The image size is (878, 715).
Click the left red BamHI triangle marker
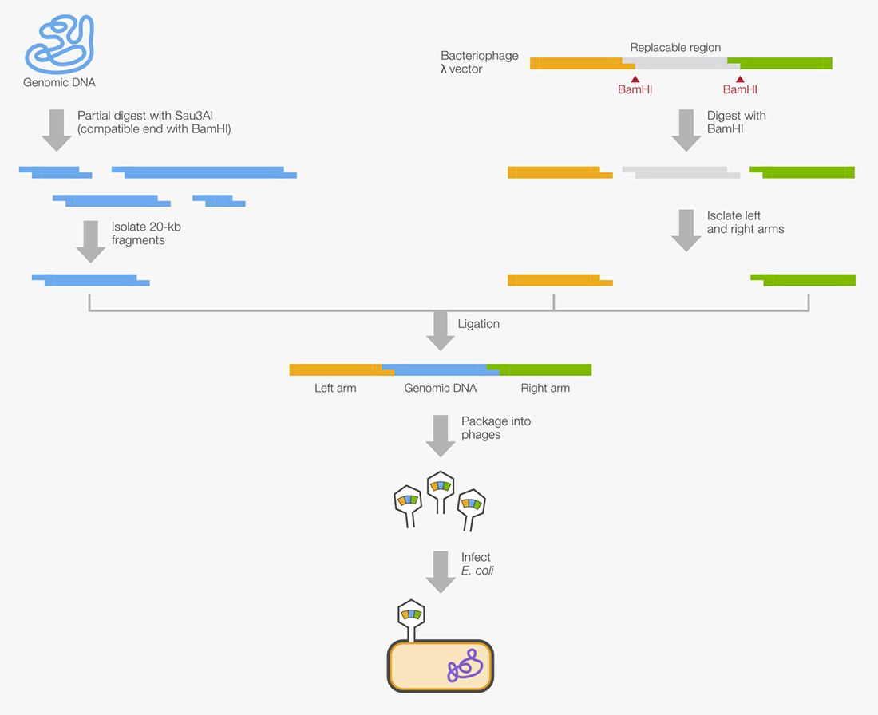point(635,80)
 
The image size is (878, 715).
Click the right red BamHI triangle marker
point(740,80)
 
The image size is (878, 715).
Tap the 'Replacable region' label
point(675,48)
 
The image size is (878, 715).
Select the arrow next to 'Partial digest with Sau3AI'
point(56,130)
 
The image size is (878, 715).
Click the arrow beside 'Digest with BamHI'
point(686,130)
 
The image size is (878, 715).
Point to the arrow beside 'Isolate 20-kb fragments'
point(90,241)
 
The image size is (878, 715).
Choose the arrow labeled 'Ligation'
point(440,330)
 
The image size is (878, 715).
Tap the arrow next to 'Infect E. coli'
point(440,570)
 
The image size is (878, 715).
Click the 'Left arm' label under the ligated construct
point(335,389)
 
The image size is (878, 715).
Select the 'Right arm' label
point(545,389)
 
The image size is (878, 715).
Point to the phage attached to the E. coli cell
point(412,618)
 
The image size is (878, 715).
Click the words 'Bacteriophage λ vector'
point(479,62)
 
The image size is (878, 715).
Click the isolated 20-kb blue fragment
point(90,279)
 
